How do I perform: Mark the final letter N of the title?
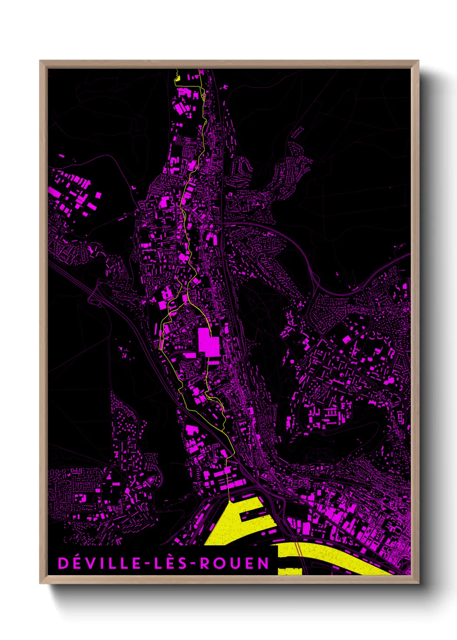pos(263,563)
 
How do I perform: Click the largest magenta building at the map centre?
pos(209,342)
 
